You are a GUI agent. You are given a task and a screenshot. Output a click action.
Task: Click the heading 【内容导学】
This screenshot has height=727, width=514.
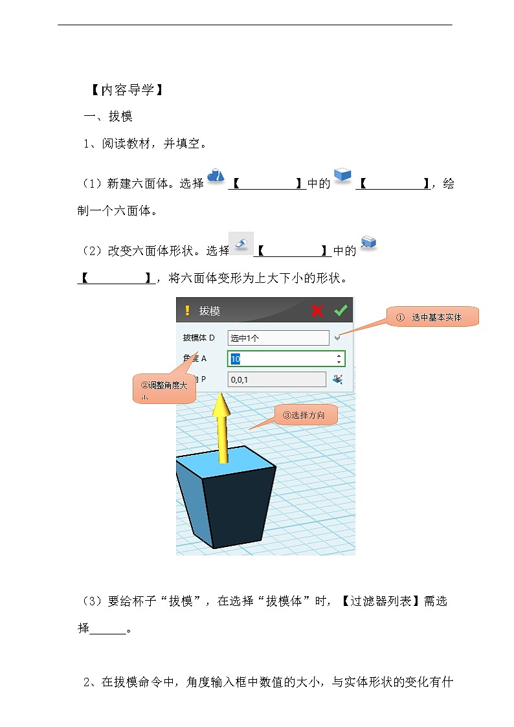tap(124, 90)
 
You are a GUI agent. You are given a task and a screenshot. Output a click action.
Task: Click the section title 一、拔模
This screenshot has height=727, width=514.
tap(109, 117)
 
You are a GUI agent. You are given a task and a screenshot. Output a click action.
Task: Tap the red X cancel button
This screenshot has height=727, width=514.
tap(317, 311)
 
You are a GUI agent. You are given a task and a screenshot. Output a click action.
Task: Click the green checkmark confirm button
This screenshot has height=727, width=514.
tap(341, 311)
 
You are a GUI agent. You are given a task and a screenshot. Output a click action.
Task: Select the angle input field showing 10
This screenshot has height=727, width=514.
tap(281, 359)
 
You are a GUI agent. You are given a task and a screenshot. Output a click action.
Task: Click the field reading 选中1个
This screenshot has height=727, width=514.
tap(278, 338)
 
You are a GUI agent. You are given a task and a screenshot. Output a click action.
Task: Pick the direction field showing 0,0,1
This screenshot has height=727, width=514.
tap(277, 380)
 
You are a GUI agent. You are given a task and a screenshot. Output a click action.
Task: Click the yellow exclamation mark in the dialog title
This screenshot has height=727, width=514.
tap(187, 311)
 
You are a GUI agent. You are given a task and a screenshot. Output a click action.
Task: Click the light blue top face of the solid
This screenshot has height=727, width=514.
tap(223, 465)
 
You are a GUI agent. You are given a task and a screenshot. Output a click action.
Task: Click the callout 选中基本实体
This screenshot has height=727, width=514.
tap(432, 317)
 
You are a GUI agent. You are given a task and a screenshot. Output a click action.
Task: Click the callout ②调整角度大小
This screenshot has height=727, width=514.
tap(164, 390)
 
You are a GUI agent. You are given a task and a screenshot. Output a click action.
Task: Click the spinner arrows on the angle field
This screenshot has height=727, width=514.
tap(339, 359)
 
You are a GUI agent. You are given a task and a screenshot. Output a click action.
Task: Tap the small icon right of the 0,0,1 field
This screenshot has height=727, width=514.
tap(337, 379)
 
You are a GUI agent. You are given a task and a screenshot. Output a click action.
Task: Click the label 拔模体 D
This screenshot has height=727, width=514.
tap(199, 338)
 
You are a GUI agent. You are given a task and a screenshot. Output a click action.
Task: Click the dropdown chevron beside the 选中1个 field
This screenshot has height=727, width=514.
tap(337, 338)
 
